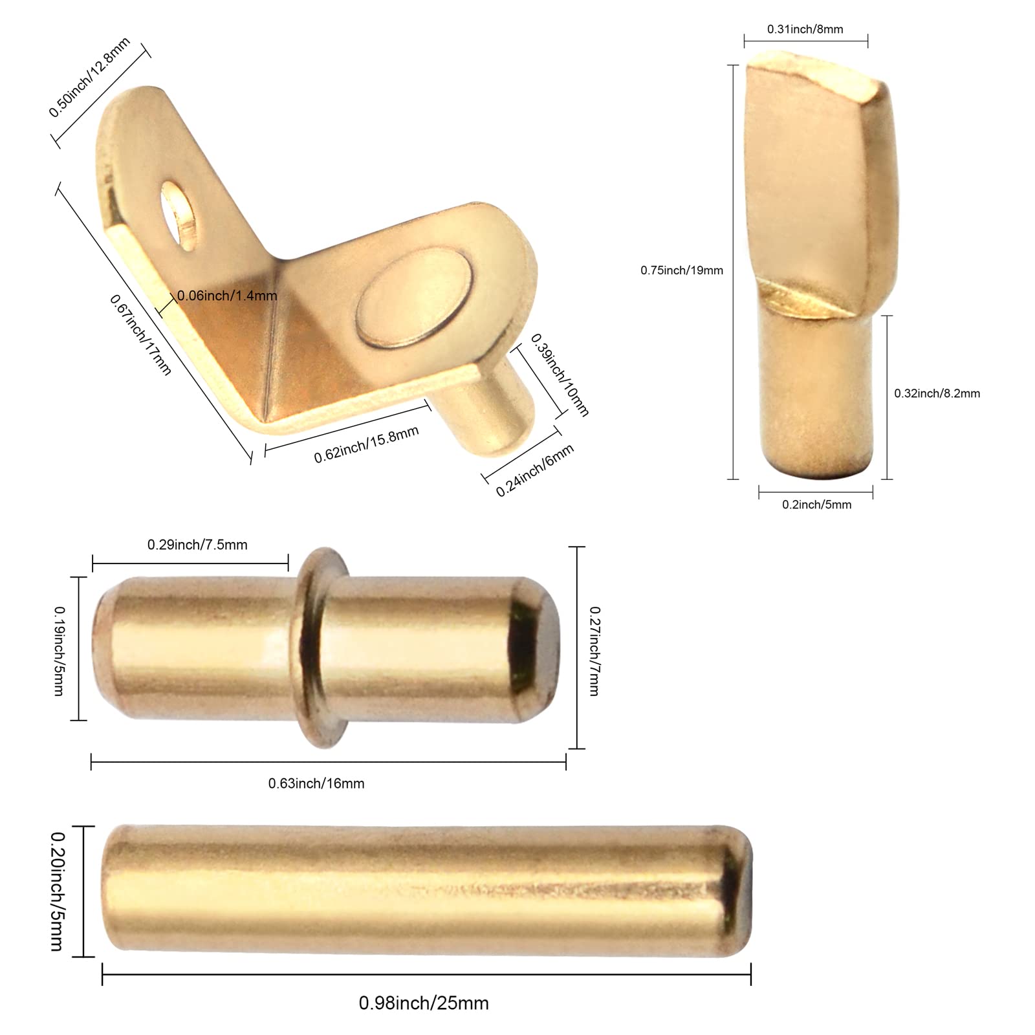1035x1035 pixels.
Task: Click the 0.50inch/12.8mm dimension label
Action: [90, 77]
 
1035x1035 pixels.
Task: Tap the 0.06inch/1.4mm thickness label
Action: [227, 296]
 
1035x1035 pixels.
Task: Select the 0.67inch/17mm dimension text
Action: [140, 334]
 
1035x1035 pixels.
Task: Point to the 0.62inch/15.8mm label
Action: [366, 444]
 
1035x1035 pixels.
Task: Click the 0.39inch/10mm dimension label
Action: [560, 375]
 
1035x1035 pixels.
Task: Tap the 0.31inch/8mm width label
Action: [805, 29]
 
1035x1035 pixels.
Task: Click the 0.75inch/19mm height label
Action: [682, 270]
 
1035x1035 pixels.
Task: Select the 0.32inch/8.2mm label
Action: [937, 393]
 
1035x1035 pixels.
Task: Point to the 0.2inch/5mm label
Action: [816, 505]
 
